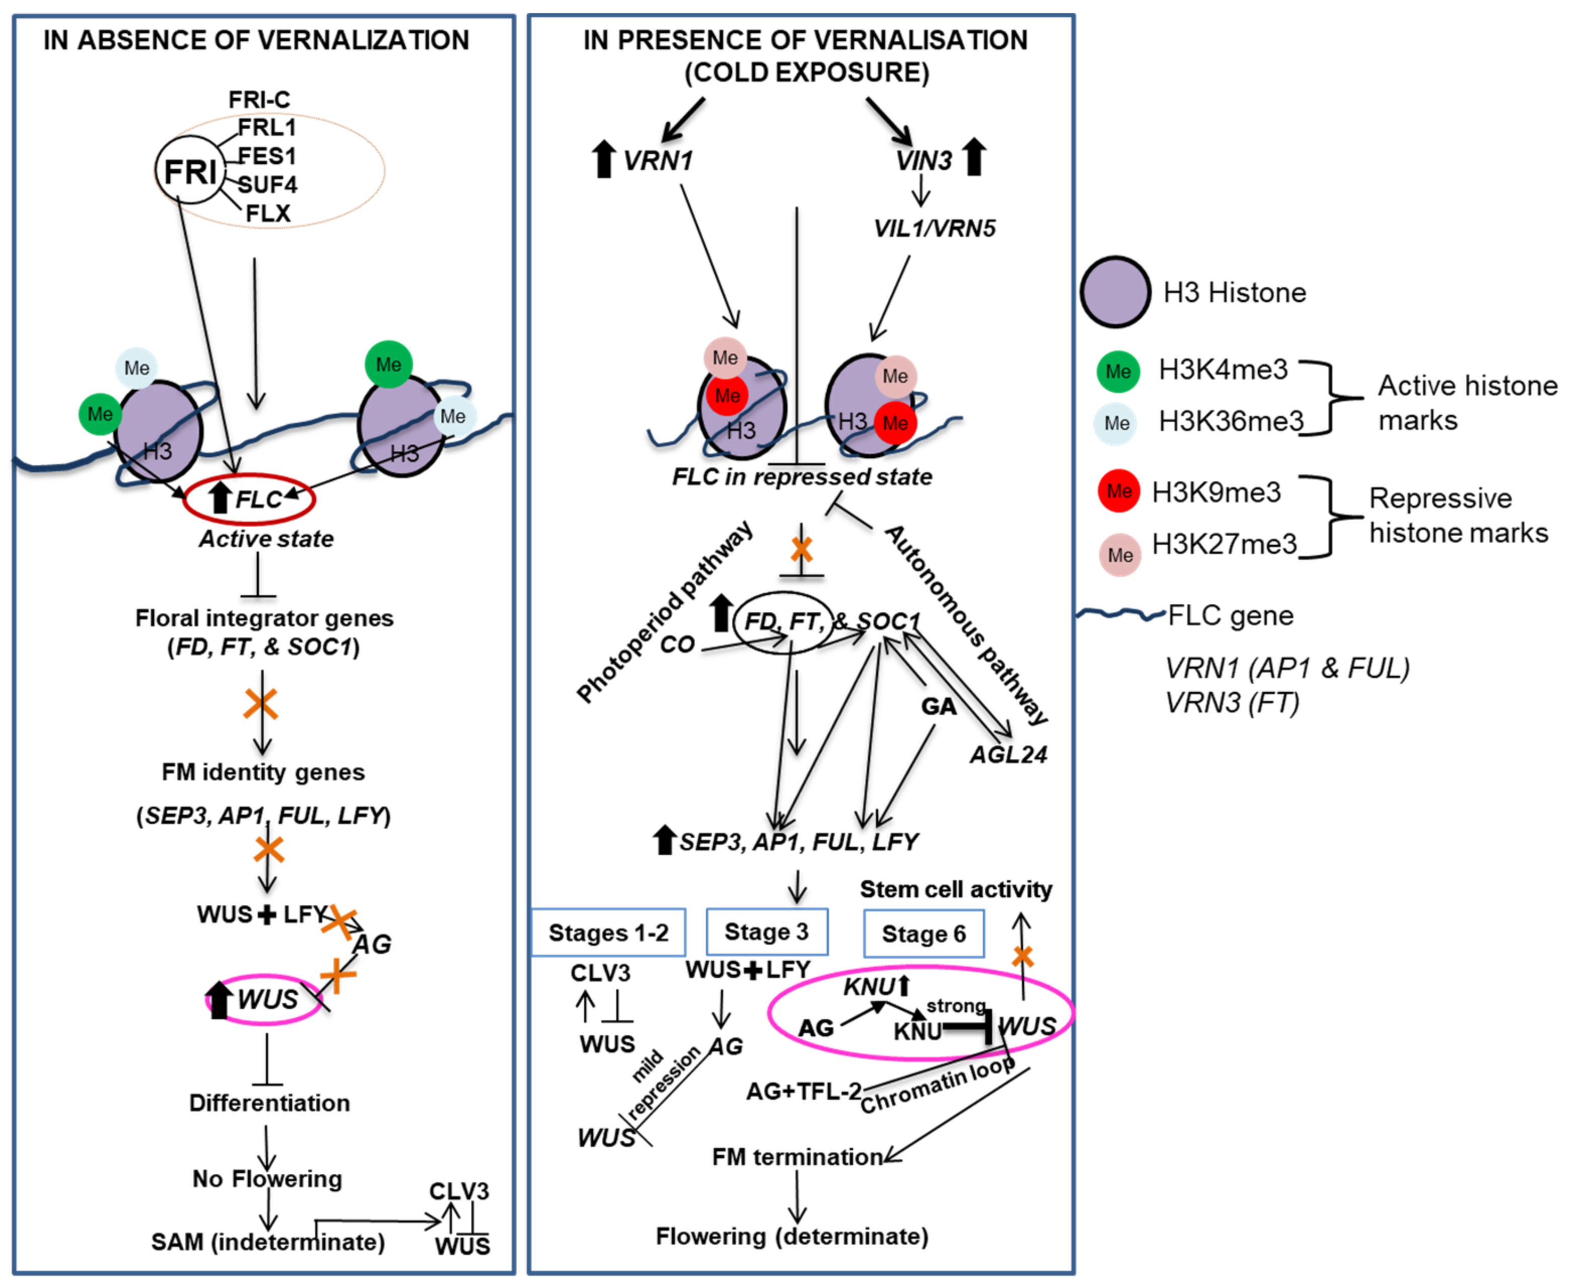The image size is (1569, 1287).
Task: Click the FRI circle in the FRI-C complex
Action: [x=190, y=172]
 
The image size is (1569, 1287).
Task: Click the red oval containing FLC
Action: [x=250, y=499]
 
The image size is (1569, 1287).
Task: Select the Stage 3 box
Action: [x=767, y=932]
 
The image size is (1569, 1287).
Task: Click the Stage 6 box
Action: [x=924, y=934]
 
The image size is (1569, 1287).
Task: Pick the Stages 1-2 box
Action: [x=608, y=933]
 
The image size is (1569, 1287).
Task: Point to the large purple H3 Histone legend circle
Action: [x=1114, y=292]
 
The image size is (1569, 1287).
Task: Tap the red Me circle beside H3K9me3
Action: [x=1119, y=491]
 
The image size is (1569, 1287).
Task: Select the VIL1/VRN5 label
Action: [x=934, y=228]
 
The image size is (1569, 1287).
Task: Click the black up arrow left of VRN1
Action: [x=604, y=160]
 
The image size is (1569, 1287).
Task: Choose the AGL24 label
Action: [x=1009, y=755]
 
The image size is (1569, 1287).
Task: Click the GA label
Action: [x=939, y=706]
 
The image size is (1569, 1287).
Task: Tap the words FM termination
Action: [x=797, y=1157]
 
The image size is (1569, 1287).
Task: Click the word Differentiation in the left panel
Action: [x=269, y=1103]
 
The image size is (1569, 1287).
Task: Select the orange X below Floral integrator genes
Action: [x=261, y=704]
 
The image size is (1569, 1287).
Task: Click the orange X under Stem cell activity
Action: [x=1023, y=956]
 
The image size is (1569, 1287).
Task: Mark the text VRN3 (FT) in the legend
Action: [x=1232, y=702]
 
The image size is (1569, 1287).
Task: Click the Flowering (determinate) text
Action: [x=792, y=1236]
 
